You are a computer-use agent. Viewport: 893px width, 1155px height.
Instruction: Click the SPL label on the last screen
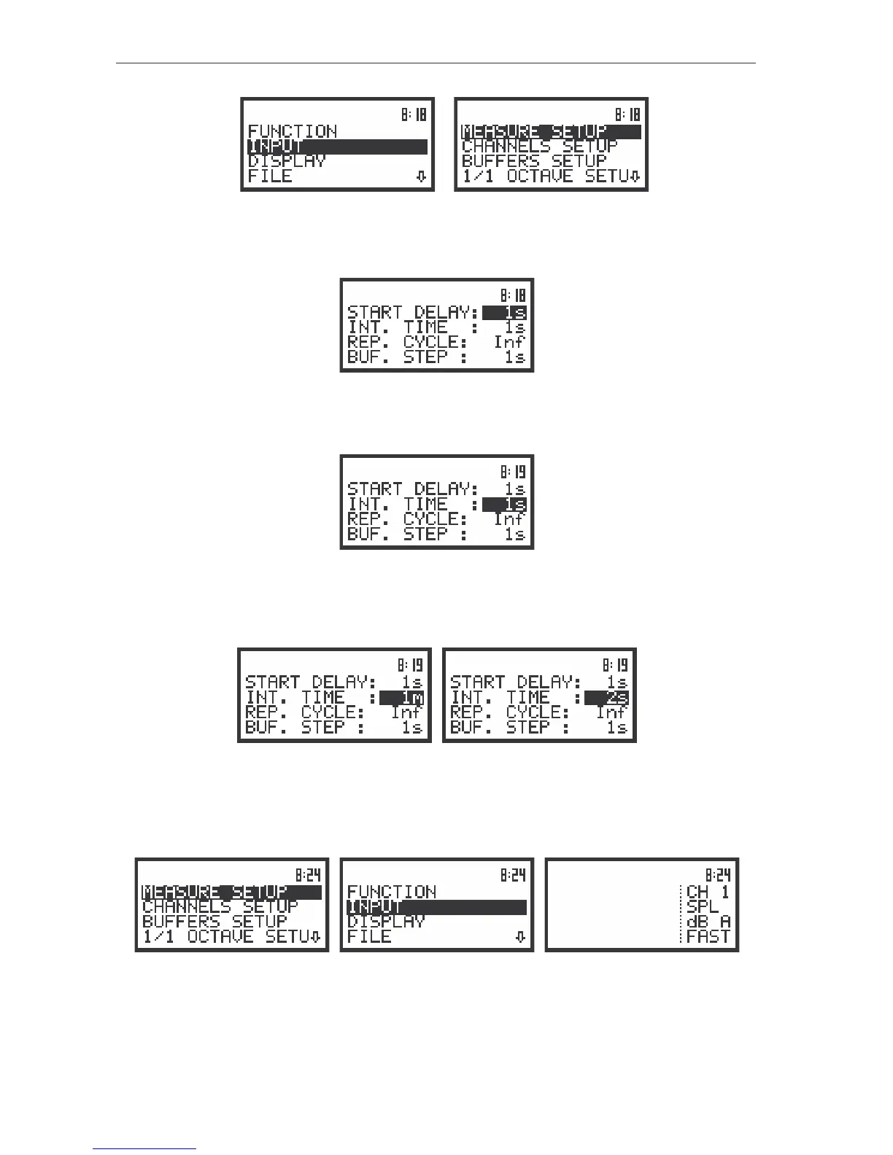coord(703,906)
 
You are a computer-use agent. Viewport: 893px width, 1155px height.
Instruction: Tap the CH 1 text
coord(708,892)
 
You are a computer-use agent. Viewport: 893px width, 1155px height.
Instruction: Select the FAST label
coord(708,936)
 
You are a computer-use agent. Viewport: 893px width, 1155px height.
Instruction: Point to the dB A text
coord(708,922)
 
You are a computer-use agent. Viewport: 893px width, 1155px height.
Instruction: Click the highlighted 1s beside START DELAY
coord(505,313)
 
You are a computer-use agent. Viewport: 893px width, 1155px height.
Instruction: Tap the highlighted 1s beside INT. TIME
coord(505,505)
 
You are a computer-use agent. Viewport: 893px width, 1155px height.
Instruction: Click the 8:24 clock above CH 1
coord(718,875)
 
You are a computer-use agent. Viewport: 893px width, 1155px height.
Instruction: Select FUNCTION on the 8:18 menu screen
coord(293,131)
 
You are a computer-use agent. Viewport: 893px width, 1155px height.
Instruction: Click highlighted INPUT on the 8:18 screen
coord(276,147)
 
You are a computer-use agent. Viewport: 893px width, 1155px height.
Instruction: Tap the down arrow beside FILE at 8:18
coord(421,176)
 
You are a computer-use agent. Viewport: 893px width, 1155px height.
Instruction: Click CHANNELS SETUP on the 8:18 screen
coord(539,146)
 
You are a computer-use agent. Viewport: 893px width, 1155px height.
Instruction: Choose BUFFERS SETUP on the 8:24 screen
coord(214,922)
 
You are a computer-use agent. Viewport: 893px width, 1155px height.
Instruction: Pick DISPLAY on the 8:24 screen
coord(386,922)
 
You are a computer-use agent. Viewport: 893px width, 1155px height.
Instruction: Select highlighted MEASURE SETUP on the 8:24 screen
coord(214,892)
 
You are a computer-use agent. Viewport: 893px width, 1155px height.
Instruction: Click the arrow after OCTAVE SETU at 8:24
coord(315,937)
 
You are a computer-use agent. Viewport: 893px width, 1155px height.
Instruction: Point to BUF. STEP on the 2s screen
coord(509,728)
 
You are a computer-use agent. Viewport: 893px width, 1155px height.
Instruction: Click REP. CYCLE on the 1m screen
coord(304,712)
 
